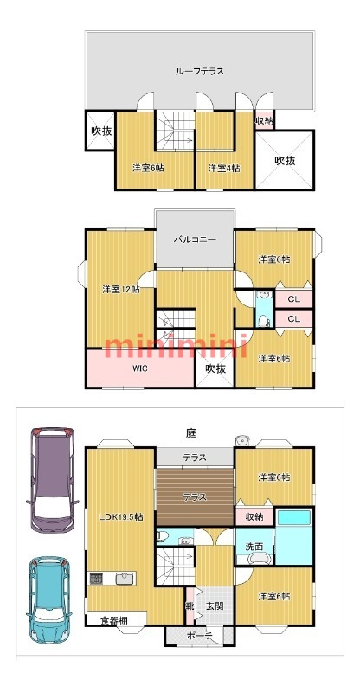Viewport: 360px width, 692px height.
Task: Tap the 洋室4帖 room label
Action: point(224,168)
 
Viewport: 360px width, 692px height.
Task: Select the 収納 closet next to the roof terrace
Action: point(265,120)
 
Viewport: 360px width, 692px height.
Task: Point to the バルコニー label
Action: point(195,240)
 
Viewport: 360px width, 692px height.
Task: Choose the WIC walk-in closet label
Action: point(140,369)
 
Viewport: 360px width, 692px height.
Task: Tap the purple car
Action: point(51,478)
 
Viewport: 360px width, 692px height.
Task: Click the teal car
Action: point(49,599)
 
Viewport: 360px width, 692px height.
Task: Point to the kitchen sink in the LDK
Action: point(125,578)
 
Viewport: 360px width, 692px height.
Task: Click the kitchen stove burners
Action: point(96,578)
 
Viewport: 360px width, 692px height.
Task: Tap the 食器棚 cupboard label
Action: point(114,620)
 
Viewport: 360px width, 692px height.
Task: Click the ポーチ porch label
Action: point(200,636)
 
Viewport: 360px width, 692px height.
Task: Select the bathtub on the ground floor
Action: point(294,517)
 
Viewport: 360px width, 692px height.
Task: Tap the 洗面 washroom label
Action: point(254,547)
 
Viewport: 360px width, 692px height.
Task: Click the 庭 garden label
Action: point(191,433)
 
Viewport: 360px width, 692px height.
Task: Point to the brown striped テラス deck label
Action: point(195,497)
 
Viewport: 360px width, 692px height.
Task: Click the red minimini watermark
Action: point(175,344)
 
